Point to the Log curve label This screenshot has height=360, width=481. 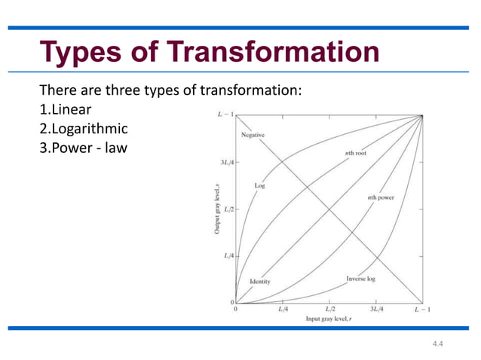coord(259,185)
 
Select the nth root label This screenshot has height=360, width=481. coord(355,153)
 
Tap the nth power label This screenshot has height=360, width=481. coord(381,197)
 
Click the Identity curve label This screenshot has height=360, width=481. coord(259,282)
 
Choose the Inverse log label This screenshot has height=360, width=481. coord(362,279)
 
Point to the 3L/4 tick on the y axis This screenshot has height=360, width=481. coord(225,162)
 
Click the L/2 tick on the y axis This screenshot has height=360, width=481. coord(227,209)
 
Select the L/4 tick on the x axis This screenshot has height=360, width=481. coord(283,310)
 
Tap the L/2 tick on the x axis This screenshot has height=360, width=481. coord(330,310)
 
